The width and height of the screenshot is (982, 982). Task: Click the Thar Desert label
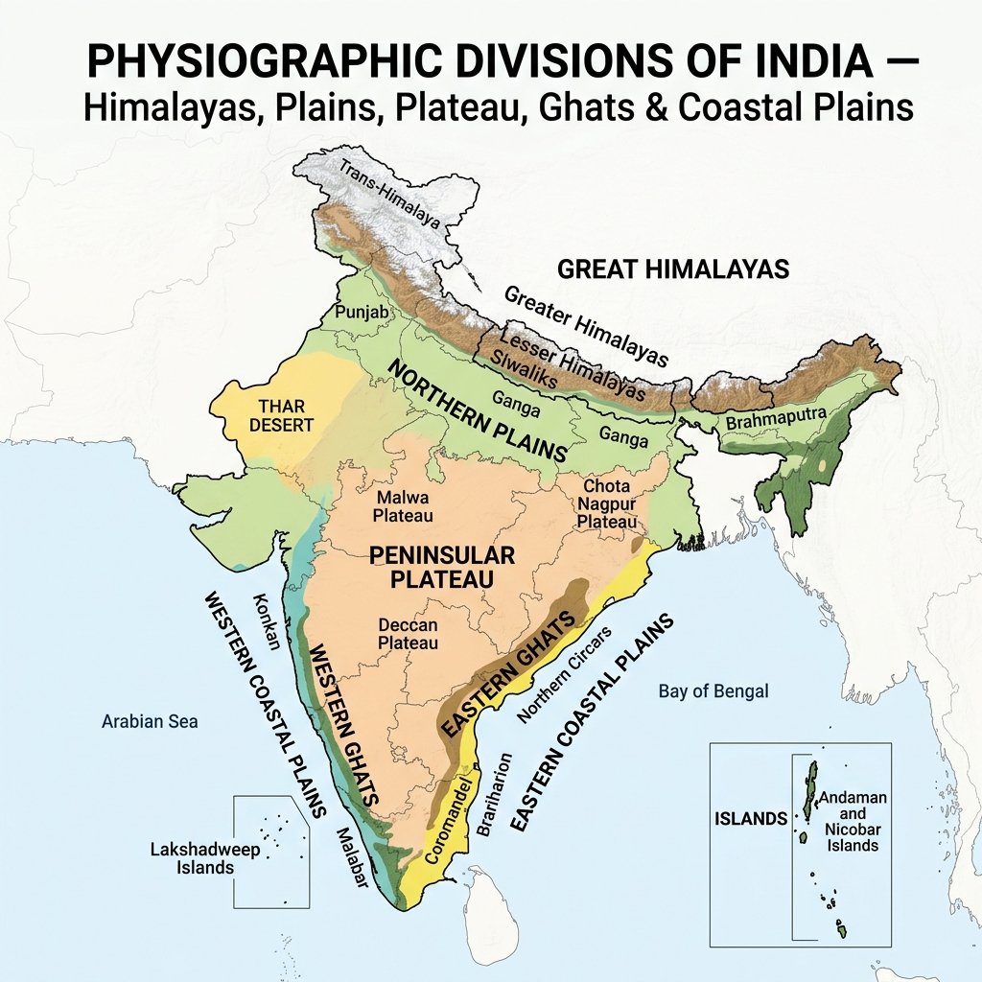tap(273, 414)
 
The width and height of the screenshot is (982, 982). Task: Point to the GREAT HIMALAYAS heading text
tap(673, 269)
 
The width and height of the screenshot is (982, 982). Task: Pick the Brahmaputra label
tap(767, 422)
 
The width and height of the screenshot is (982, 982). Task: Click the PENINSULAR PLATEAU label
tap(441, 567)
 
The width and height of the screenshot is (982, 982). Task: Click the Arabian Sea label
tap(150, 721)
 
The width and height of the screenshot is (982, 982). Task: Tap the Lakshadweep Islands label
tap(192, 858)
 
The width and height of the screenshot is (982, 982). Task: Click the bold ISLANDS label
tap(752, 819)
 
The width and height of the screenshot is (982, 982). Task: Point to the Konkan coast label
tap(265, 621)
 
